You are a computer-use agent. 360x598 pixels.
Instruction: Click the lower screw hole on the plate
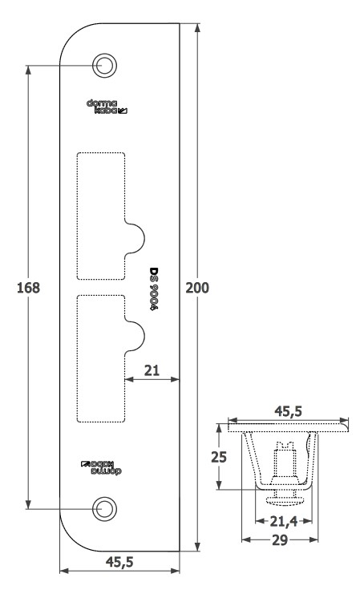click(x=104, y=509)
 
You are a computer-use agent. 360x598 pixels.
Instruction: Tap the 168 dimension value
click(x=28, y=288)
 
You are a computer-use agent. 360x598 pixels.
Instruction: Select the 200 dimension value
click(x=197, y=288)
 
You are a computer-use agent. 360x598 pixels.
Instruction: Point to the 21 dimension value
click(x=152, y=370)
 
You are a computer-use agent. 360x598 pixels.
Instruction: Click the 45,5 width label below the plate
click(x=119, y=562)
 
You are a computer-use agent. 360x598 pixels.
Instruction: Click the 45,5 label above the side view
click(x=289, y=411)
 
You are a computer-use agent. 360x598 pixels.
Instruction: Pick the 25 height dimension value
click(x=219, y=457)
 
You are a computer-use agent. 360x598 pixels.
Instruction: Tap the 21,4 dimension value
click(x=284, y=521)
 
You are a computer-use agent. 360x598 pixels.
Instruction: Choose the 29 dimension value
click(x=280, y=540)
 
